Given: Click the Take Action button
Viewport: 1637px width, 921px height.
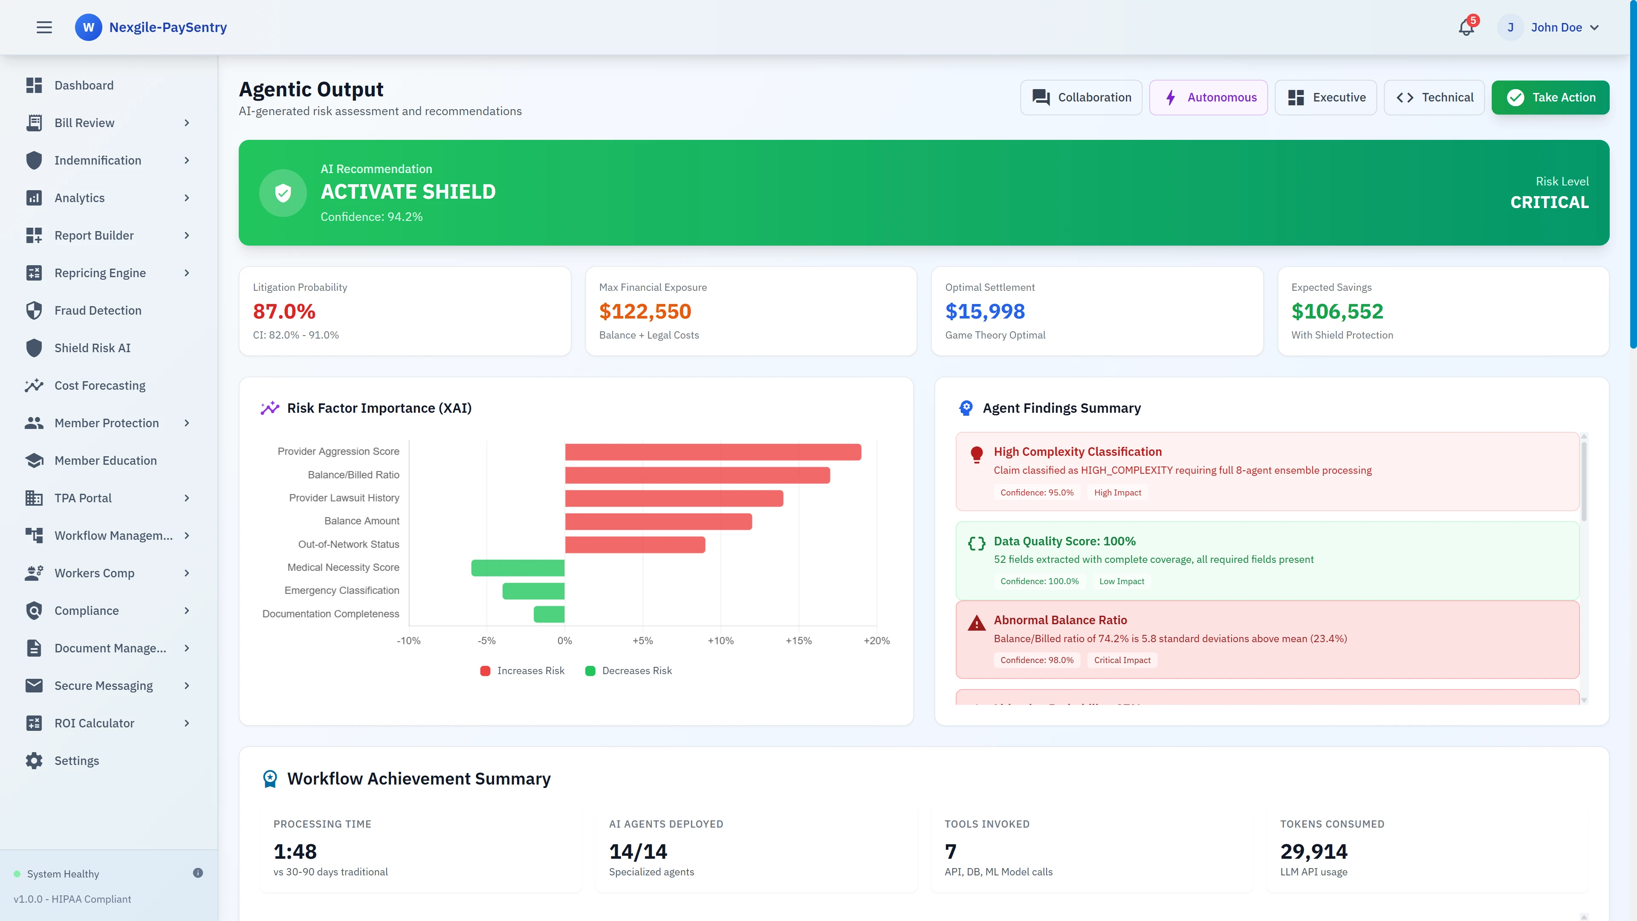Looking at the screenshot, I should (x=1550, y=97).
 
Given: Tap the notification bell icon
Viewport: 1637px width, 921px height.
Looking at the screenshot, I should (x=1466, y=27).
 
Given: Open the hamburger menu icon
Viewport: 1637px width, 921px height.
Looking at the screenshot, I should (x=44, y=27).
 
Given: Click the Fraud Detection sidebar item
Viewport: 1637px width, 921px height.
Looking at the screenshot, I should (x=98, y=310).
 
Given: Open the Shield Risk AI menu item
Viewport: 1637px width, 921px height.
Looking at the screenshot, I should (x=92, y=348).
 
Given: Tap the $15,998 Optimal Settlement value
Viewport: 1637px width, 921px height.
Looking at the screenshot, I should (x=984, y=311).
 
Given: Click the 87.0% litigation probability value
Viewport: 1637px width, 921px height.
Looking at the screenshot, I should (x=284, y=311).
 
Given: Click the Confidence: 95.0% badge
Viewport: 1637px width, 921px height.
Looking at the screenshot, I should (x=1036, y=492).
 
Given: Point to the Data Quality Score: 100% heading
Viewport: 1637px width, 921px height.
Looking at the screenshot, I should (x=1064, y=541).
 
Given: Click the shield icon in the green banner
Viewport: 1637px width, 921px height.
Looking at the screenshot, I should (x=283, y=193).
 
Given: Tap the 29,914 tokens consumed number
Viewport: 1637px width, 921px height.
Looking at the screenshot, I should (x=1313, y=851).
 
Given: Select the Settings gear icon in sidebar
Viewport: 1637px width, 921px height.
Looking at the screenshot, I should (x=34, y=761).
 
